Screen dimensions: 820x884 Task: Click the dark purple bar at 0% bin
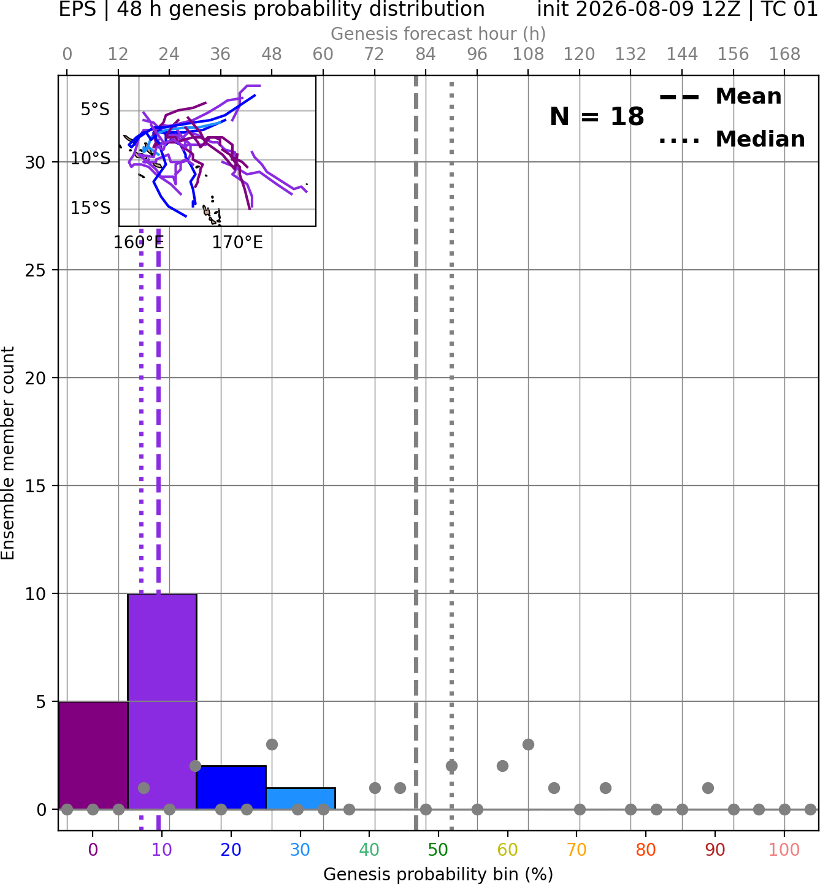pos(93,756)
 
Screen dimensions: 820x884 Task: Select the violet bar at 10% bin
pos(162,702)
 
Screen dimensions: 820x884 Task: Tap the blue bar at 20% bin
pos(231,788)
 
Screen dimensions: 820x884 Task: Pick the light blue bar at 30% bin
pos(300,799)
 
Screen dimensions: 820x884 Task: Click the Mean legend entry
pos(720,97)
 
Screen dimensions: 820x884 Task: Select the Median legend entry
pos(732,139)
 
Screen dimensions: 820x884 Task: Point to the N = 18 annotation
pos(597,116)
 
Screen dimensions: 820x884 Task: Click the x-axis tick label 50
pos(438,850)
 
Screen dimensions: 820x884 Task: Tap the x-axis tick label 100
pos(784,850)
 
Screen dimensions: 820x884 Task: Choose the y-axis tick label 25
pos(35,270)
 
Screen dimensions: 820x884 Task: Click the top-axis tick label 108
pos(528,55)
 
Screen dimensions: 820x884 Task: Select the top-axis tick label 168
pos(784,55)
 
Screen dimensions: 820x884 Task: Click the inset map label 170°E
pos(237,243)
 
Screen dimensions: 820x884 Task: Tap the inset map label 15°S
pos(90,208)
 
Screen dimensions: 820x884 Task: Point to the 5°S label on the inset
pos(95,110)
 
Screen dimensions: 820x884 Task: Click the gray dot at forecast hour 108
pos(528,745)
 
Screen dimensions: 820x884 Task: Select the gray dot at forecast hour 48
pos(272,745)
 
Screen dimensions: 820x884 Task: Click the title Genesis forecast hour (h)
pos(439,34)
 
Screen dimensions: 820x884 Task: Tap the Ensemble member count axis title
pos(7,453)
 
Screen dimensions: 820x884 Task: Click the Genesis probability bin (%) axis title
pos(439,875)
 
